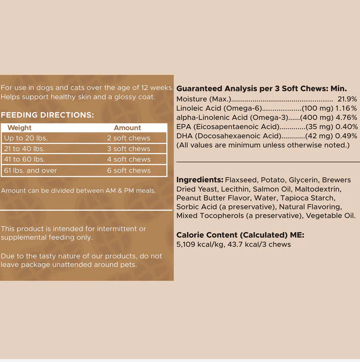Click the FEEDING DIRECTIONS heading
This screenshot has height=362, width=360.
(x=47, y=116)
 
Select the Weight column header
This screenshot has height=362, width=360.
(x=19, y=128)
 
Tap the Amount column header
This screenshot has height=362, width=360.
(x=127, y=128)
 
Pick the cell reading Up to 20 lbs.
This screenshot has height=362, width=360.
(x=27, y=138)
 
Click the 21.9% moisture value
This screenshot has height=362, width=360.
(x=347, y=99)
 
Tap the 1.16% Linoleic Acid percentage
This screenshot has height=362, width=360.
(x=347, y=108)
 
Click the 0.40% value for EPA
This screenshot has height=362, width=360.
(x=347, y=126)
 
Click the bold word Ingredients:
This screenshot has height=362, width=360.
(x=200, y=179)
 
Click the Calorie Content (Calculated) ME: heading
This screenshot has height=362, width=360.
(x=240, y=235)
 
